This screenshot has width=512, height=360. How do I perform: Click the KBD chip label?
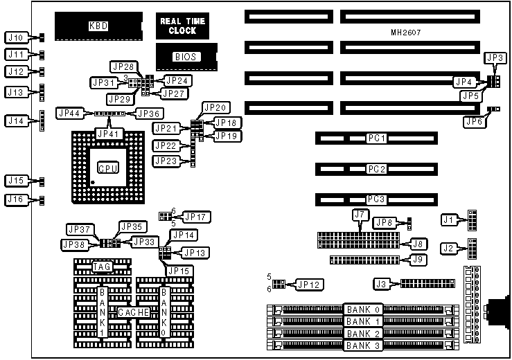pos(98,26)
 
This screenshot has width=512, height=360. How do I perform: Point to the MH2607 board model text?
pos(405,33)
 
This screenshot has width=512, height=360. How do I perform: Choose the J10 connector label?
pos(16,37)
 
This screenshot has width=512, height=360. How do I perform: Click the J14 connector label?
pos(16,121)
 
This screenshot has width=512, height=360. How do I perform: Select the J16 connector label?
pos(16,200)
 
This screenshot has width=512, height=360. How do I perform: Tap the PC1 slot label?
pos(377,138)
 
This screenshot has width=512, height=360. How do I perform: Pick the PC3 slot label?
pos(377,199)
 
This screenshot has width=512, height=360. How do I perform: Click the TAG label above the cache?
pos(101,267)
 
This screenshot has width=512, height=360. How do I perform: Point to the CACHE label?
pos(133,312)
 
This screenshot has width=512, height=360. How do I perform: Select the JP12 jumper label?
pos(309,284)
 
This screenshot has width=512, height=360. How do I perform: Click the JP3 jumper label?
pos(495,58)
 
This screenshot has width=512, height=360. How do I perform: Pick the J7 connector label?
pos(359,215)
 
